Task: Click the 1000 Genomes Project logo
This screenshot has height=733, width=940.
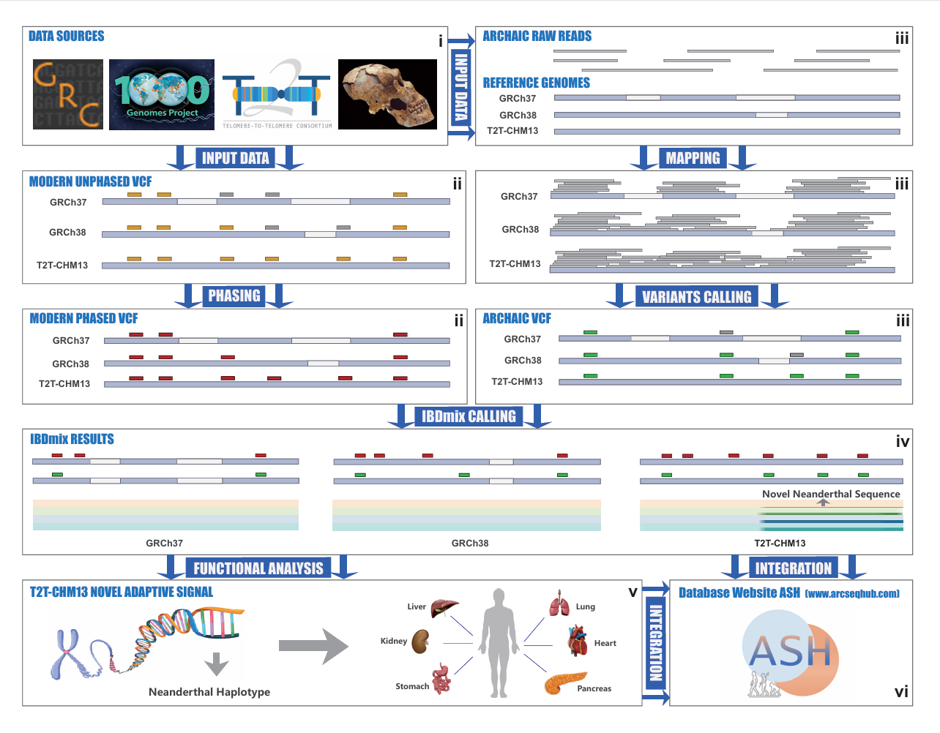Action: (162, 94)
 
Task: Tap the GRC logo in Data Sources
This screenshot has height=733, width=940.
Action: (68, 94)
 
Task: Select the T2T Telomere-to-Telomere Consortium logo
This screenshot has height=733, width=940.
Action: (277, 94)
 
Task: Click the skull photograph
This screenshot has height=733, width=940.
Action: (387, 94)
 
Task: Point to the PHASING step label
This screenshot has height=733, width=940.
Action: (234, 296)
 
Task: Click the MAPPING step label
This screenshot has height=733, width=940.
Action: (693, 158)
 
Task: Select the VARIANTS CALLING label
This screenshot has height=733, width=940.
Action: (696, 297)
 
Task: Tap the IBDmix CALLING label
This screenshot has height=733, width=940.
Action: (469, 416)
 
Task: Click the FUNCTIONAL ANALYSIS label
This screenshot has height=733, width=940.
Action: (258, 568)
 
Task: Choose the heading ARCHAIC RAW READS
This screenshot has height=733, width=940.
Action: (537, 36)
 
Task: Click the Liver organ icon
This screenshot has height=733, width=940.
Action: (444, 608)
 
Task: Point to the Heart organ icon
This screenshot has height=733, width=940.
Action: (578, 641)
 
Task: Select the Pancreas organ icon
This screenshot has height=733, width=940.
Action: (564, 683)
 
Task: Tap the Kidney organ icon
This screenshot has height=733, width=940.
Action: (420, 642)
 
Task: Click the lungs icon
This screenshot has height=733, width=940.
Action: (560, 604)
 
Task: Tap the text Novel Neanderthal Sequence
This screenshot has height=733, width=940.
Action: (831, 494)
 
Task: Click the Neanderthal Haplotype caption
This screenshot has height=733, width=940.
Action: (209, 692)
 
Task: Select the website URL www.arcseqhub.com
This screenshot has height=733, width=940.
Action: (852, 593)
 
